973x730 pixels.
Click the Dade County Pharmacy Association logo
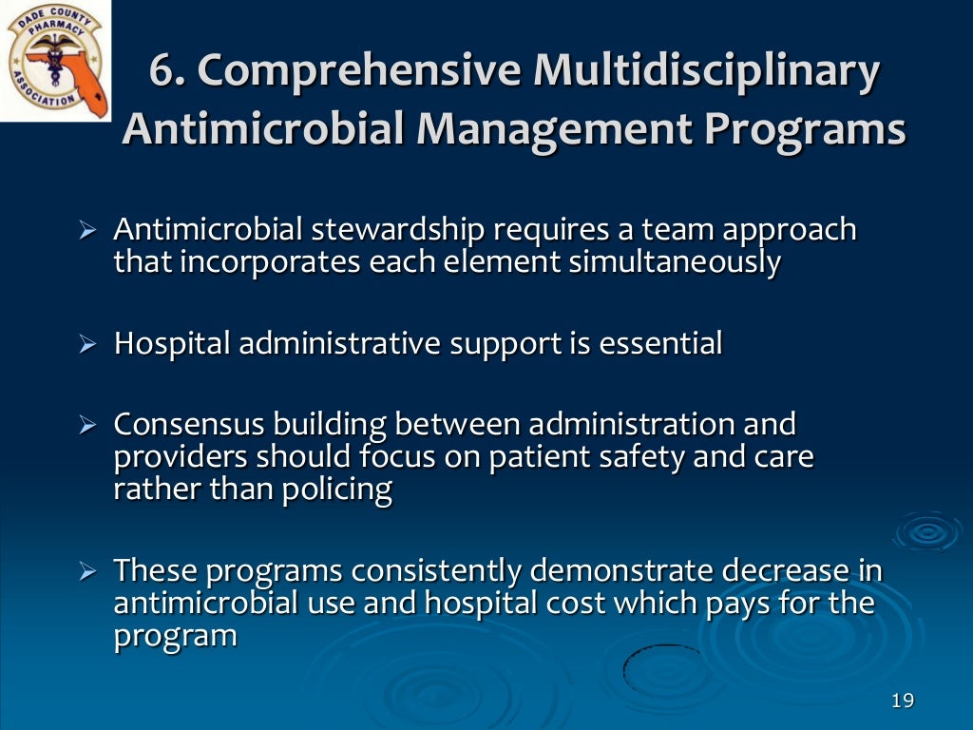coord(56,61)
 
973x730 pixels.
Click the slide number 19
coord(903,701)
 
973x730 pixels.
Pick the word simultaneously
coord(675,261)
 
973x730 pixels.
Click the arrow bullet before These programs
coord(88,572)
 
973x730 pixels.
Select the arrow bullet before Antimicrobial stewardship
coord(88,231)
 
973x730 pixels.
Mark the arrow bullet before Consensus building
coord(88,425)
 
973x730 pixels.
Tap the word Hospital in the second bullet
coord(172,343)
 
